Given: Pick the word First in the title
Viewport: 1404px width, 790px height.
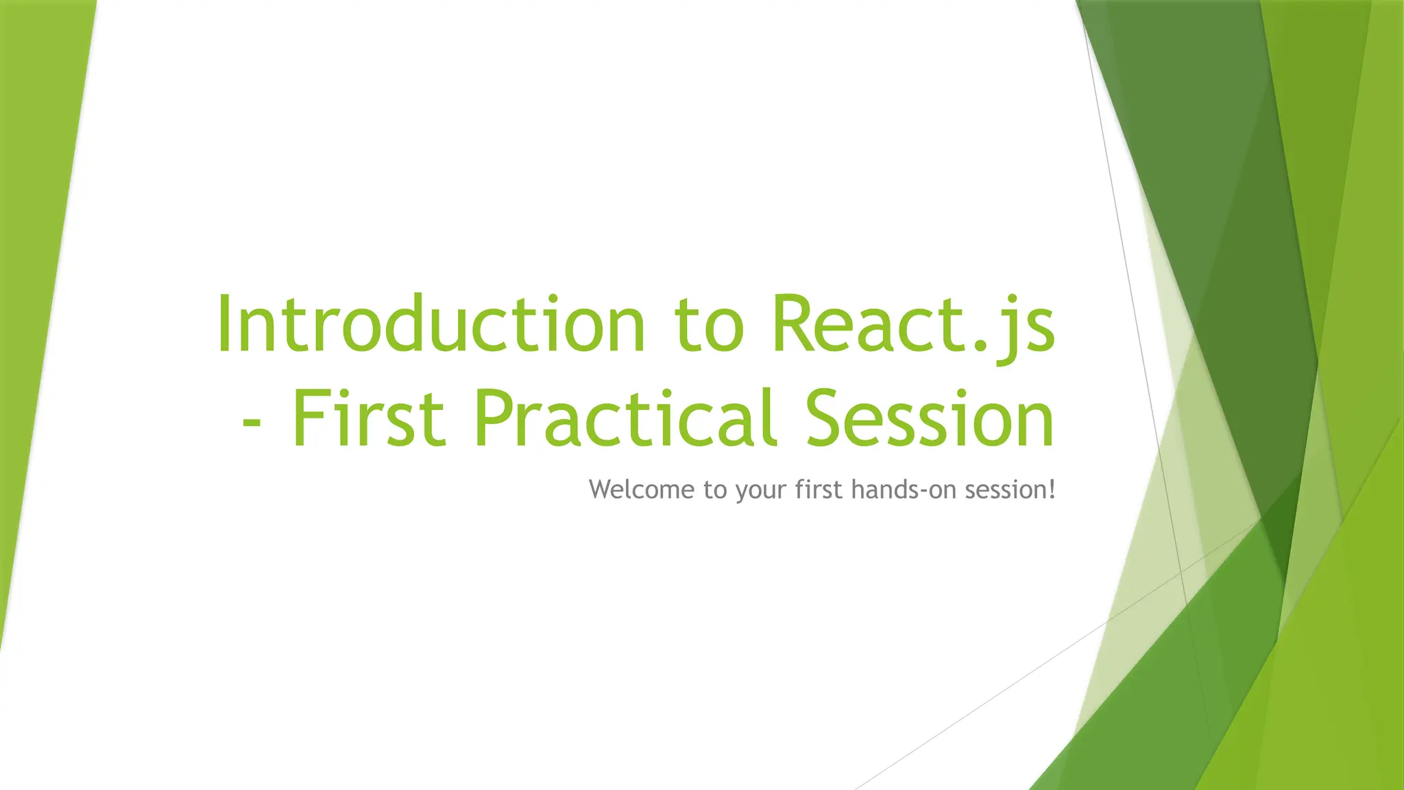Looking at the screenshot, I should click(369, 418).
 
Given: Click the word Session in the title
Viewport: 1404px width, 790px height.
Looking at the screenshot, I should click(929, 418).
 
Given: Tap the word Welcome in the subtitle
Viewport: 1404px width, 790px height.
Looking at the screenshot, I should click(642, 490).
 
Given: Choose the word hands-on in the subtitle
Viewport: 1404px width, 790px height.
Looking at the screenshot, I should click(903, 490).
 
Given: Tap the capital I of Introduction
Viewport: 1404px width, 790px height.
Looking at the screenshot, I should click(223, 323).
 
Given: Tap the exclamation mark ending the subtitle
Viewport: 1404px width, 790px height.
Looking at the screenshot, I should click(1051, 490).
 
